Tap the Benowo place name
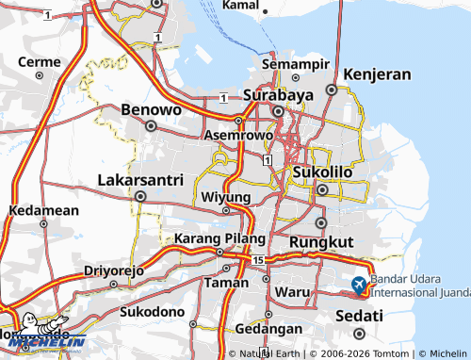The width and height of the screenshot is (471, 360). pos(151,110)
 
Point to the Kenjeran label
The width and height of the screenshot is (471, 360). pos(378,74)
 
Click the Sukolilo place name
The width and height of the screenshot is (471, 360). pos(322,173)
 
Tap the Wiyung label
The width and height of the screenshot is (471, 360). pos(226,197)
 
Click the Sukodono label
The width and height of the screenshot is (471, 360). pos(153,310)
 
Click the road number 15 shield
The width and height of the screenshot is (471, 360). pos(257,259)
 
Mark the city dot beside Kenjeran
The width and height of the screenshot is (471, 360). pos(332,90)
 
